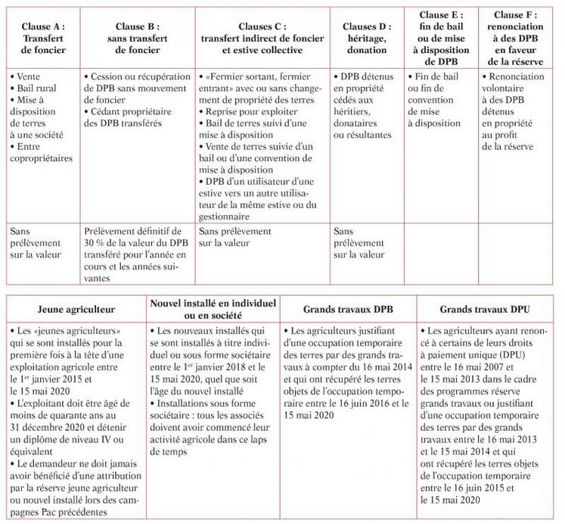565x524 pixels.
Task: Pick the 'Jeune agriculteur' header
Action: click(x=74, y=309)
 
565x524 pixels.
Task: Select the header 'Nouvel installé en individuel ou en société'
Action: click(x=213, y=308)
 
